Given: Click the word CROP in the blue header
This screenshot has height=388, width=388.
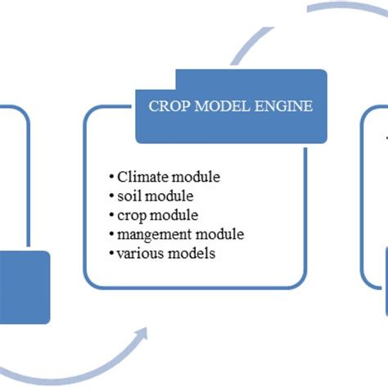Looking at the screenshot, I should [169, 106].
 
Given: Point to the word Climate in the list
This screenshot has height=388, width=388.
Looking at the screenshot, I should [142, 176].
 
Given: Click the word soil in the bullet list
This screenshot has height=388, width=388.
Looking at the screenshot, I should [129, 196].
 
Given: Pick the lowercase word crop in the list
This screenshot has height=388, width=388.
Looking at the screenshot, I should [133, 215].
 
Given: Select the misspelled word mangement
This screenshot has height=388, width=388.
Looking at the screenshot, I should [154, 234].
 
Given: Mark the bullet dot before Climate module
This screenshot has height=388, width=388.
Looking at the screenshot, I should [111, 177].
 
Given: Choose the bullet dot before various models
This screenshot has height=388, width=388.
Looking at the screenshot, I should [111, 254].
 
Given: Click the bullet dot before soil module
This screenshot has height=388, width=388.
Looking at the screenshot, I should [111, 196].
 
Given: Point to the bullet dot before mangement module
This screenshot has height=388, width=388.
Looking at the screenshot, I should [111, 235].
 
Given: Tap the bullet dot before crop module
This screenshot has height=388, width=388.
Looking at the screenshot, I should [111, 215].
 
